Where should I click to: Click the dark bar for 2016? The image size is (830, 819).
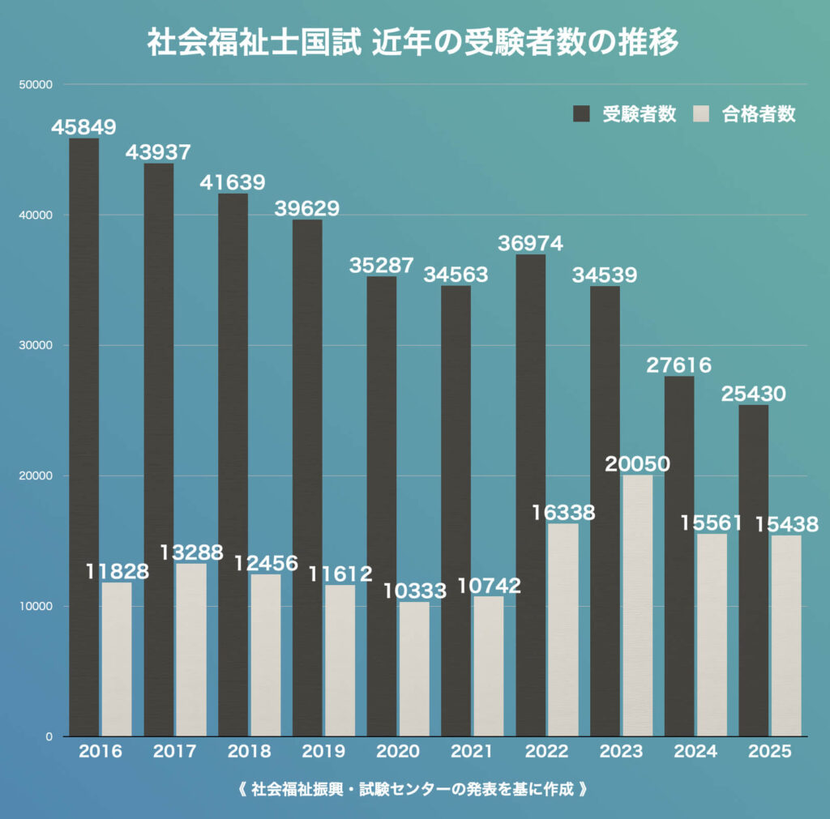click(83, 437)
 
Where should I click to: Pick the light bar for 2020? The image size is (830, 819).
click(414, 669)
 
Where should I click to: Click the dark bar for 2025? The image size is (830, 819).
click(753, 571)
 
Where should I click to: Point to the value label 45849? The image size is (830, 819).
click(83, 127)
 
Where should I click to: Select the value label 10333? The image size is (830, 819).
click(414, 591)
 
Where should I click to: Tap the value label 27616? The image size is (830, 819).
click(679, 365)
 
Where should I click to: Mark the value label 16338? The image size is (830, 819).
click(563, 513)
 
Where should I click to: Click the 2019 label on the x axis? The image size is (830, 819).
click(323, 752)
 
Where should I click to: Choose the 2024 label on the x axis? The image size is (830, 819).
click(695, 752)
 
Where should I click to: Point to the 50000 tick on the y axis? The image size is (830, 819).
click(35, 84)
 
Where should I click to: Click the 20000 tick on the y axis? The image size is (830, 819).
click(35, 476)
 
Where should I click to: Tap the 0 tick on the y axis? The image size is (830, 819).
click(49, 736)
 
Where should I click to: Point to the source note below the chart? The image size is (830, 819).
click(413, 789)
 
